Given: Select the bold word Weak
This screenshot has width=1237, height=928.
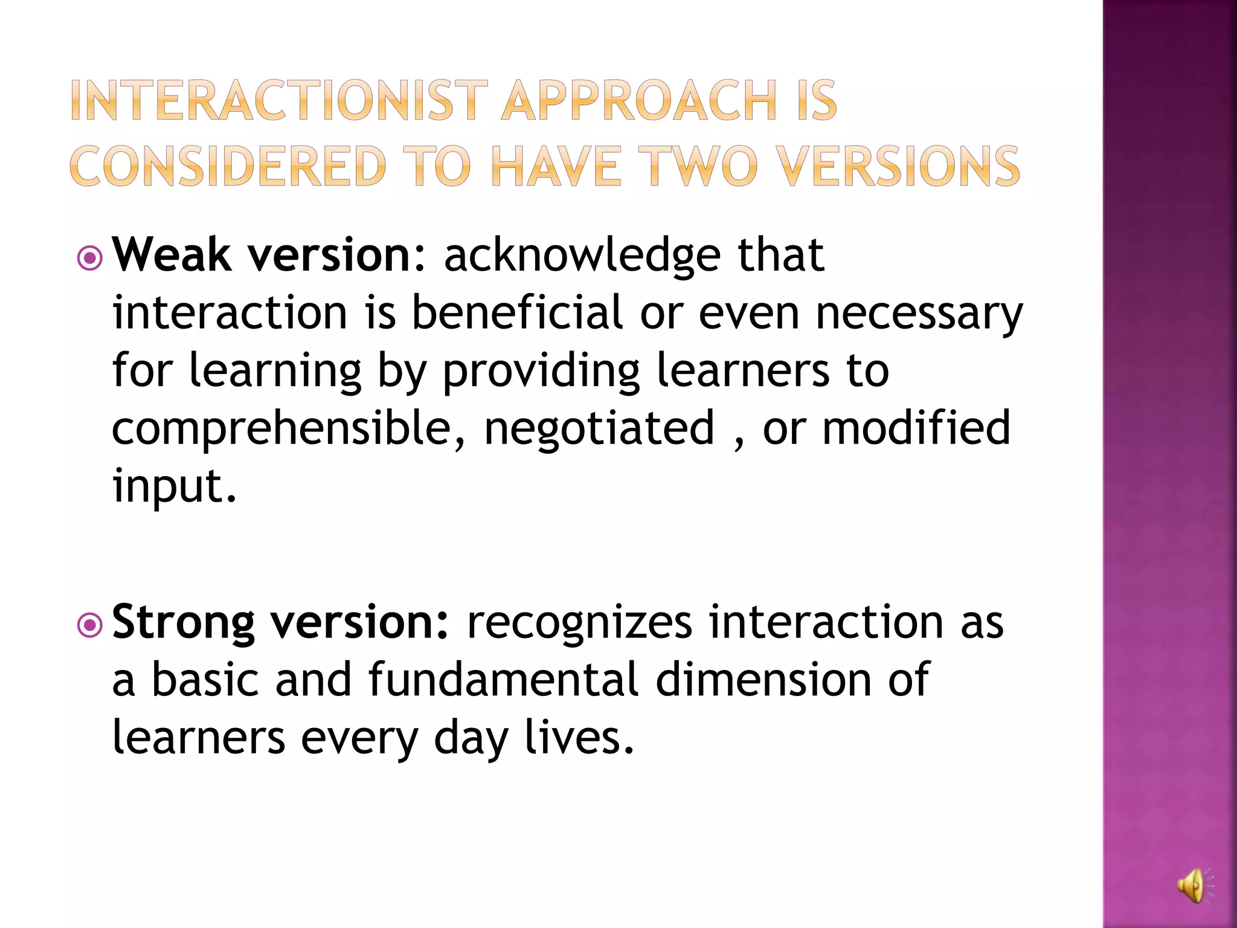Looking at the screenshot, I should [x=172, y=255].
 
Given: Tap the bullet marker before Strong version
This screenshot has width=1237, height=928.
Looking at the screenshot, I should [x=90, y=626].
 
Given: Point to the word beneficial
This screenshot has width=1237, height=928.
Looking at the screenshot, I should [x=517, y=312].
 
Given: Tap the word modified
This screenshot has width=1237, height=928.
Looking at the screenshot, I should [x=916, y=427].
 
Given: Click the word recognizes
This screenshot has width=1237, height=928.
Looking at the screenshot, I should [x=579, y=622].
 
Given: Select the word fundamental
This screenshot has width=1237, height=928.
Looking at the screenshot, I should [x=503, y=680].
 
